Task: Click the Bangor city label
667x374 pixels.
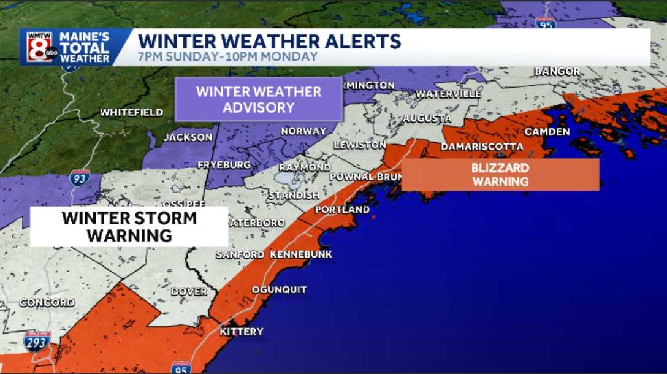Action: tap(557, 72)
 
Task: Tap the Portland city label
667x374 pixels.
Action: tap(342, 210)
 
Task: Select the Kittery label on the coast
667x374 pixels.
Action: tap(242, 332)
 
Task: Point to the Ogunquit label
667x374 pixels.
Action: tap(279, 290)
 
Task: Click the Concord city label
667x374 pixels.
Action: tap(47, 303)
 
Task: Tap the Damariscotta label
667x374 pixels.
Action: tap(482, 147)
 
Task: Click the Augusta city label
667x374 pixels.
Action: tap(427, 118)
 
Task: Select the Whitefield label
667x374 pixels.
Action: tap(132, 113)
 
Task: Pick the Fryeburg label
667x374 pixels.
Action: tap(224, 166)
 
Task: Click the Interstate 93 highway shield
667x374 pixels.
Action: tap(80, 178)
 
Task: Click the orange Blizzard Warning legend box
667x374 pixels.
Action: tap(500, 175)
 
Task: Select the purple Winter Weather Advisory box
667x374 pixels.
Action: tap(258, 99)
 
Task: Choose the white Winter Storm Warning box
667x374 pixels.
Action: tap(129, 226)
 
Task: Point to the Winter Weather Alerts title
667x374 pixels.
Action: tap(269, 42)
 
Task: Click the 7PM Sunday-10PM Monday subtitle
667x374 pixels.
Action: tap(228, 57)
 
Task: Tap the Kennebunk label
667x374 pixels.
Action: tap(300, 254)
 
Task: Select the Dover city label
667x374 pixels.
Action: tap(189, 292)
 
